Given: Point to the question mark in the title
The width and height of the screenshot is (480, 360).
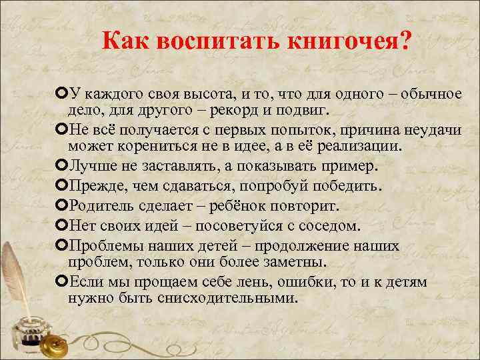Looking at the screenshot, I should pos(407,43).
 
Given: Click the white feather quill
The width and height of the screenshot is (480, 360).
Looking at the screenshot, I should pos(17,273).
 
